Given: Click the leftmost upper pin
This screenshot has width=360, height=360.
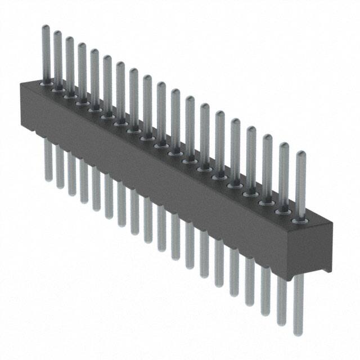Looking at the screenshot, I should (x=46, y=53).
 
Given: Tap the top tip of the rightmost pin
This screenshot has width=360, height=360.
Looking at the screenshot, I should (x=300, y=153).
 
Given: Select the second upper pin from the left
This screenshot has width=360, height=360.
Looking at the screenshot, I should (x=57, y=59).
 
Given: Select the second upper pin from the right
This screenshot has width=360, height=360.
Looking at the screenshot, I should (x=283, y=174).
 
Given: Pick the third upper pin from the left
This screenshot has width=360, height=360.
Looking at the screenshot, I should (x=69, y=65).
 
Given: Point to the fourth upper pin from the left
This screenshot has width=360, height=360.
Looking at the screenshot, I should (x=82, y=70).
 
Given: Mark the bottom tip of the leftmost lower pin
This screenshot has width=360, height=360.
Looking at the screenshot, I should (x=48, y=179).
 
